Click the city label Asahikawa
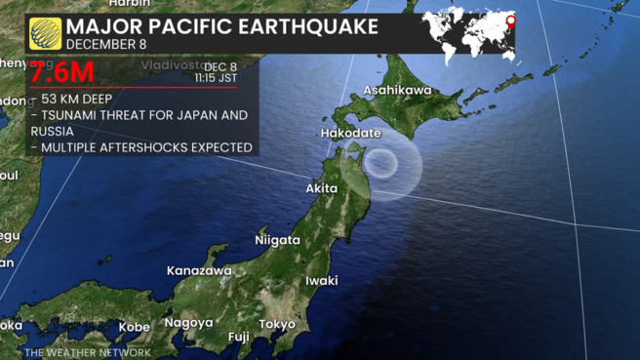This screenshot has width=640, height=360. [397, 91]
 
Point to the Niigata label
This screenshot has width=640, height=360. [277, 239]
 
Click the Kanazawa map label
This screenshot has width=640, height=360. [199, 270]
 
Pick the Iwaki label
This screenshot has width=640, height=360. [321, 280]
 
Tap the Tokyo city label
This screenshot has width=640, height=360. [277, 324]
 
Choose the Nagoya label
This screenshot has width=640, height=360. [188, 322]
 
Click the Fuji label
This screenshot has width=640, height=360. [238, 337]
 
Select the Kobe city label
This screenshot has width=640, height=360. [135, 327]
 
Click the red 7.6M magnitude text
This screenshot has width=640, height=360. [61, 73]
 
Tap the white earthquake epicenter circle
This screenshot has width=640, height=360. [383, 162]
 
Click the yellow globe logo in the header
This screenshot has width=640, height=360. [45, 32]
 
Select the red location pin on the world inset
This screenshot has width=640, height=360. [509, 21]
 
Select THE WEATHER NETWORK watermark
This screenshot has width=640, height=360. [88, 352]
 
